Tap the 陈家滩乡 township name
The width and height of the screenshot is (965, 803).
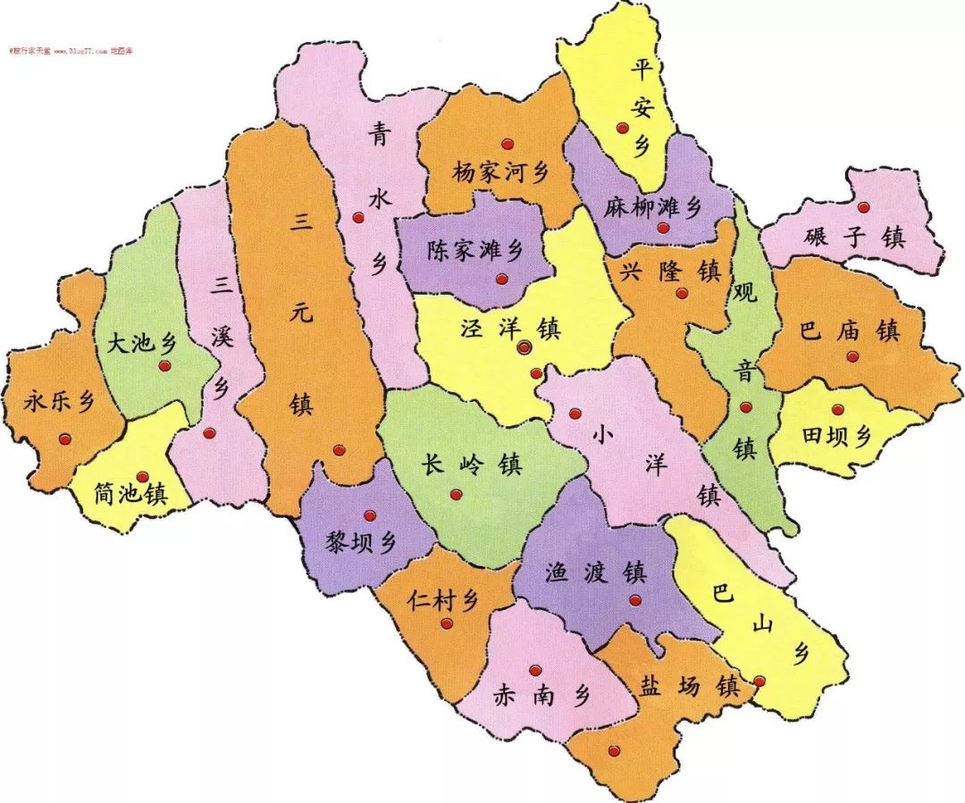point(474,251)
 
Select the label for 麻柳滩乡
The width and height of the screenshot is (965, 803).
point(652,207)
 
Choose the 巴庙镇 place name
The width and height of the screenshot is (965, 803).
point(849,331)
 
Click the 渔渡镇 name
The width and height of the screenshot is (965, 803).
point(595,572)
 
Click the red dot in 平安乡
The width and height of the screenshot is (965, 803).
point(623,129)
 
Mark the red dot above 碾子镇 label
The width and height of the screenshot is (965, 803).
point(862,207)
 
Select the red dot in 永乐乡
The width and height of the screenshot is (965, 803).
point(64,439)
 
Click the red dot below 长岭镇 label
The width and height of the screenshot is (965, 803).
point(457,494)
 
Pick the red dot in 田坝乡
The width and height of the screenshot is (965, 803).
point(838,410)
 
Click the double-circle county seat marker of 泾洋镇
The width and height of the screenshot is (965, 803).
point(524,347)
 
